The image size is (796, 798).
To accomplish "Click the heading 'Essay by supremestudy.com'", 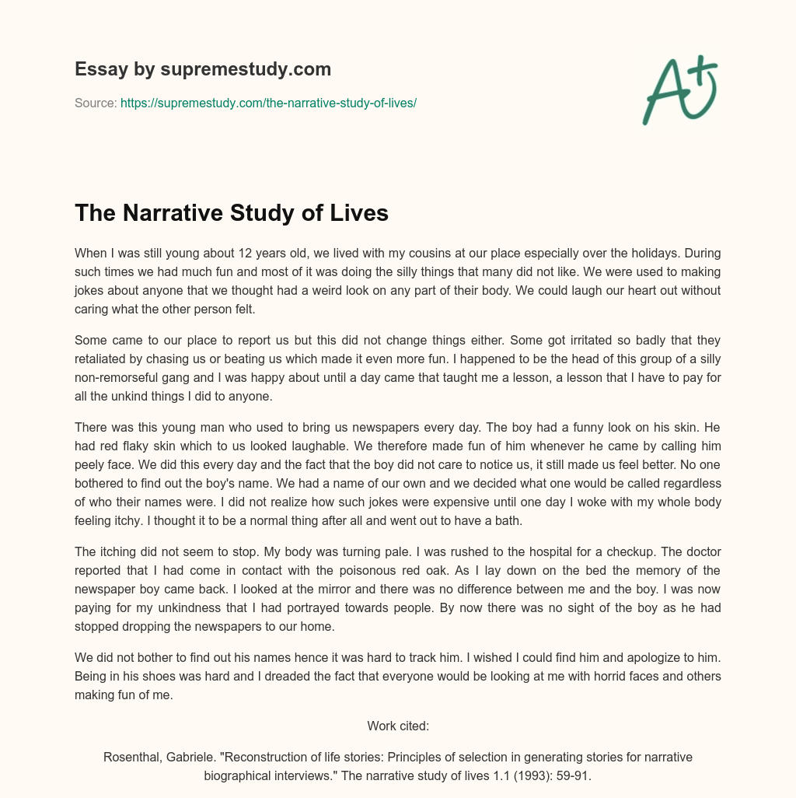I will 203,69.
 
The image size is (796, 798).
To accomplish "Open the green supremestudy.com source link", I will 268,103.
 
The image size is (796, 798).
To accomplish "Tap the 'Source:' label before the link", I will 96,103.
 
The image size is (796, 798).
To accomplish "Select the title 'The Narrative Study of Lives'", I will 231,213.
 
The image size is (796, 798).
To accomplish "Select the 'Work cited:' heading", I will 398,726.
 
